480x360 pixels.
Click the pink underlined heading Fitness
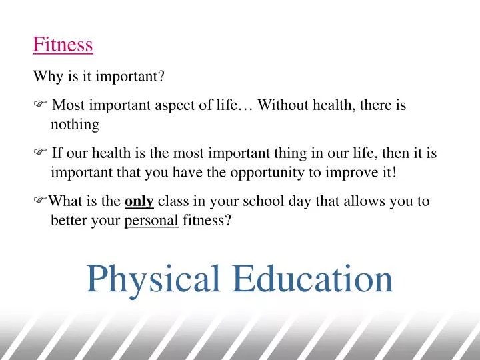pos(63,45)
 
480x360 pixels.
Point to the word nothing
pos(75,125)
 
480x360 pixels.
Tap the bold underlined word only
pos(139,201)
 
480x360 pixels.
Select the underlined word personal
pos(151,221)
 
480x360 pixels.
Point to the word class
pos(173,201)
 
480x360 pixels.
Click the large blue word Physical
pos(153,279)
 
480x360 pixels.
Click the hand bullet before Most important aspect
pos(39,105)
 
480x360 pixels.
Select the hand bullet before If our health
pos(39,153)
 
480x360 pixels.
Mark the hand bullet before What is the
pos(39,201)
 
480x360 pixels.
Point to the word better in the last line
pos(69,221)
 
